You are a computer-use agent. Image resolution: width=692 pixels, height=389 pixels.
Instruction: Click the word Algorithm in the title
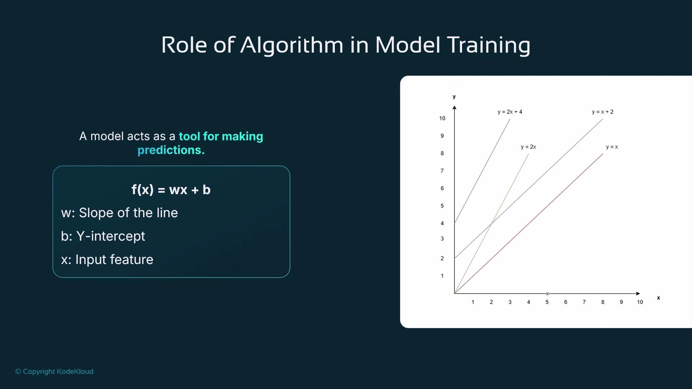[292, 46]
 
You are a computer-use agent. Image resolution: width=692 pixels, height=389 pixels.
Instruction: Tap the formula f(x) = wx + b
[171, 190]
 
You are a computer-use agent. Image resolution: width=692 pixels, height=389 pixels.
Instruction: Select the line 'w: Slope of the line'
[119, 213]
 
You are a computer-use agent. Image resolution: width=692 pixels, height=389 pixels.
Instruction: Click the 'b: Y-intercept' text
[103, 236]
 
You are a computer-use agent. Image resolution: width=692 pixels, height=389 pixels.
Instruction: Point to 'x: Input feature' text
[107, 260]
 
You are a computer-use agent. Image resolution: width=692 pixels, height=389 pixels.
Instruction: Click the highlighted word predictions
[171, 150]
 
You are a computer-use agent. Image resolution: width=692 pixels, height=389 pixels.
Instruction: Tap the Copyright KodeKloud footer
[54, 371]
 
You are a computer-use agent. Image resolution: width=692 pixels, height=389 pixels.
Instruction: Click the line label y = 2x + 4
[510, 112]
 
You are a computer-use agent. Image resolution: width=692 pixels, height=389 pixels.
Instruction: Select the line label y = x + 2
[602, 112]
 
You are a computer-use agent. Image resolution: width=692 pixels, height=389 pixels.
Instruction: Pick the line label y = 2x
[528, 147]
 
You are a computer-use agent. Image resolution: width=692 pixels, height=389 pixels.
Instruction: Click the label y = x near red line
[612, 147]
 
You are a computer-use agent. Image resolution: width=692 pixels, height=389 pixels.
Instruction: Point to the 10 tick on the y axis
[442, 119]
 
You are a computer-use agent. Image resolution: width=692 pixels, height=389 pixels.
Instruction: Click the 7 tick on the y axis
[442, 171]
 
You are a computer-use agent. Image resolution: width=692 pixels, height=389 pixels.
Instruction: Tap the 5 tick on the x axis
[547, 302]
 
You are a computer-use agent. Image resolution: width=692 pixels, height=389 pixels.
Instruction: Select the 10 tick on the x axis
[640, 302]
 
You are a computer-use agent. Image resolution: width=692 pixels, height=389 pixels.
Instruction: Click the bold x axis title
[658, 298]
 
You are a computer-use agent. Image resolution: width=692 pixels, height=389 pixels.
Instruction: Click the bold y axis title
[454, 97]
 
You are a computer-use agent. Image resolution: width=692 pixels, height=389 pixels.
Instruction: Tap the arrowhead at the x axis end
[638, 294]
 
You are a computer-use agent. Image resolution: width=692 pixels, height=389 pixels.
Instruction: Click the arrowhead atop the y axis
[454, 108]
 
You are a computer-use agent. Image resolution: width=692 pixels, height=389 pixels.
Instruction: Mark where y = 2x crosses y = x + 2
[491, 224]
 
